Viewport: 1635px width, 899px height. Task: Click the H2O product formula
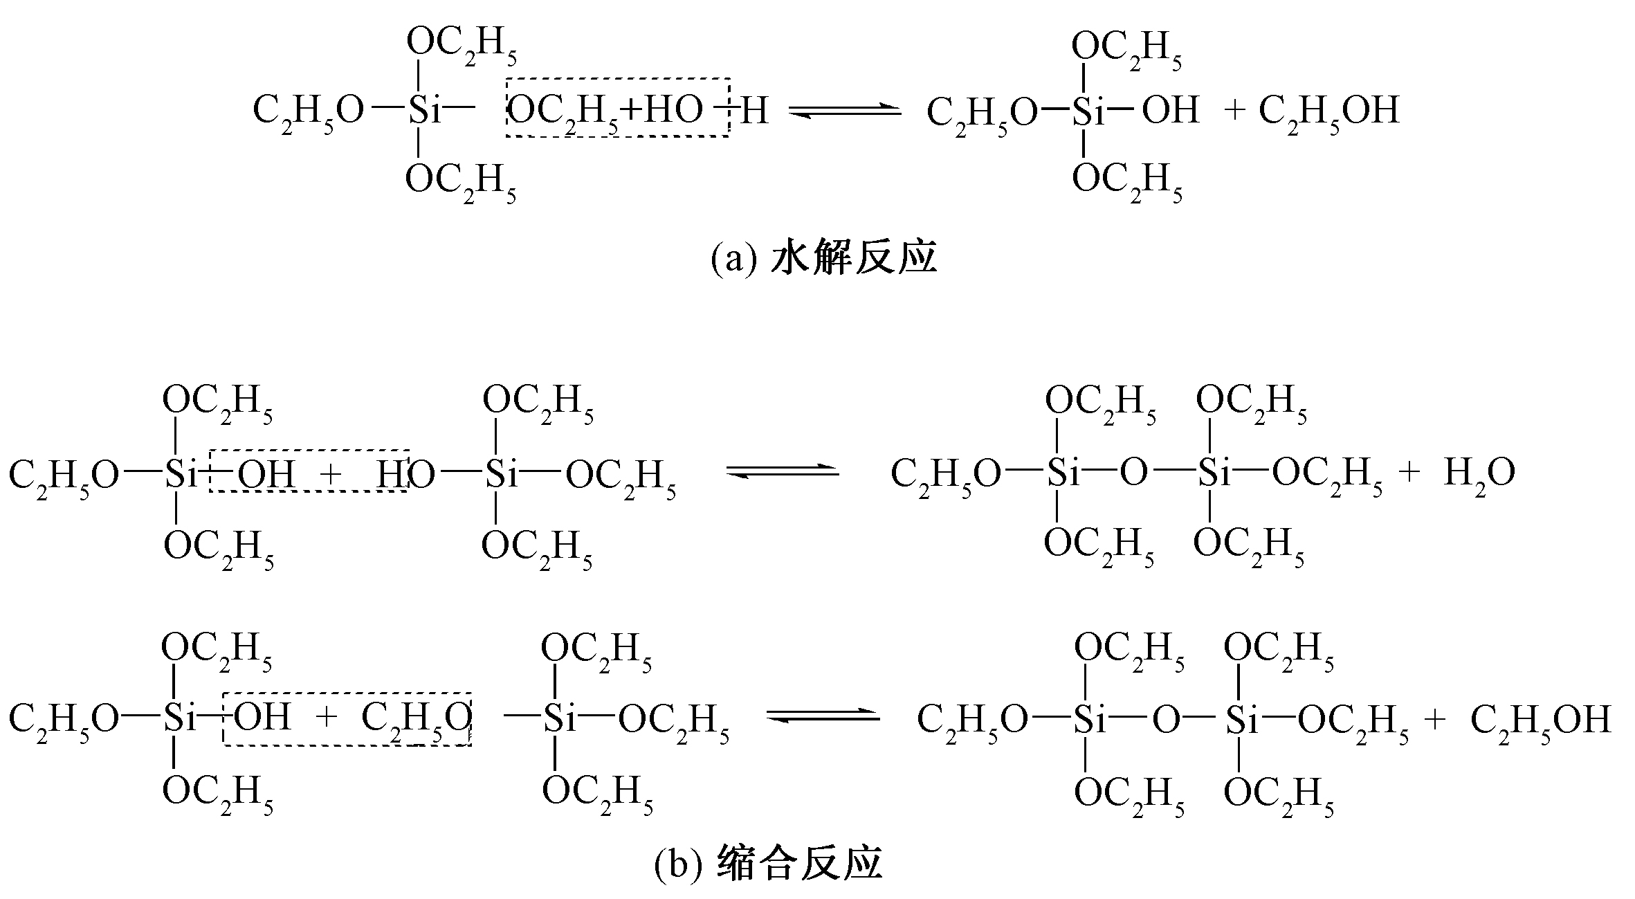[1479, 474]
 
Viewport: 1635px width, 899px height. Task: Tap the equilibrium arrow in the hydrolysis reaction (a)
[846, 111]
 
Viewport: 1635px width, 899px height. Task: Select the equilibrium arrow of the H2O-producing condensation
[783, 471]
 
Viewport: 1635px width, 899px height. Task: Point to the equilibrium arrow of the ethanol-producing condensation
[823, 717]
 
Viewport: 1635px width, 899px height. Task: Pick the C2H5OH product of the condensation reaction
[1540, 720]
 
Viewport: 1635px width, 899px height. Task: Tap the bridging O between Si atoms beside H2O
[1133, 473]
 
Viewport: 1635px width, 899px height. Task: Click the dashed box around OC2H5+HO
[618, 107]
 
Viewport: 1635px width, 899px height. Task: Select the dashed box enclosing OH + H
[309, 471]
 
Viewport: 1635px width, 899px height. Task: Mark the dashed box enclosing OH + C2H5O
[347, 718]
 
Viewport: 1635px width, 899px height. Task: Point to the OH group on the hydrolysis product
[1170, 111]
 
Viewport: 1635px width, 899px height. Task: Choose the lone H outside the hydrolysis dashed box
[755, 111]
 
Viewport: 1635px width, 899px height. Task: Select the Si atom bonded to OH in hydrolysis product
[1088, 111]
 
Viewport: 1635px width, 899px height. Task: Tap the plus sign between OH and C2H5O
[326, 717]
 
